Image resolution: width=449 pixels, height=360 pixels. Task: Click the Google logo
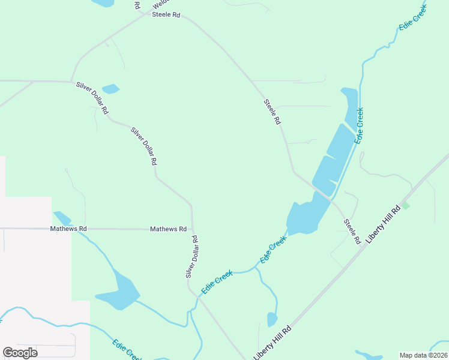click(x=20, y=353)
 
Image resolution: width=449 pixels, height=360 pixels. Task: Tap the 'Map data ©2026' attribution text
click(x=423, y=355)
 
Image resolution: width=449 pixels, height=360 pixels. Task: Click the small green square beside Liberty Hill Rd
click(x=405, y=206)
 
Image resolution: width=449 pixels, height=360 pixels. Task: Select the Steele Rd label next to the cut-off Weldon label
click(x=166, y=14)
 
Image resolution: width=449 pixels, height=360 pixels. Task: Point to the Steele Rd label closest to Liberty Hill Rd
click(x=352, y=231)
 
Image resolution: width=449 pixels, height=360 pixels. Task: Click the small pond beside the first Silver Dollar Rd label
click(x=110, y=89)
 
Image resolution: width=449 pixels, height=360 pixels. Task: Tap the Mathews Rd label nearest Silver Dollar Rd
click(x=168, y=229)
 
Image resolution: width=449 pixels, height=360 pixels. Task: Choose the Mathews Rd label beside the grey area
click(x=68, y=229)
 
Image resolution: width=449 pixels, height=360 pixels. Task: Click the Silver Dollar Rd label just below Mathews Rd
click(x=191, y=257)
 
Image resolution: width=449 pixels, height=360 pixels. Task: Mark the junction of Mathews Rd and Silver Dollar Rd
click(x=192, y=229)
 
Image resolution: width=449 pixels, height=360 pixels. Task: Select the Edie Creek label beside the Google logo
click(x=126, y=350)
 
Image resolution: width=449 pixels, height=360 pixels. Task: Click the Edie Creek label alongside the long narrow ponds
click(x=359, y=125)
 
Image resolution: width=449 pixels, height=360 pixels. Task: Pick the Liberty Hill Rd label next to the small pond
click(x=273, y=343)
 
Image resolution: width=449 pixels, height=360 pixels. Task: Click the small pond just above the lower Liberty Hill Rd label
click(x=272, y=319)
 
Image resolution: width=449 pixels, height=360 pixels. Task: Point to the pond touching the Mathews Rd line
click(x=62, y=218)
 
